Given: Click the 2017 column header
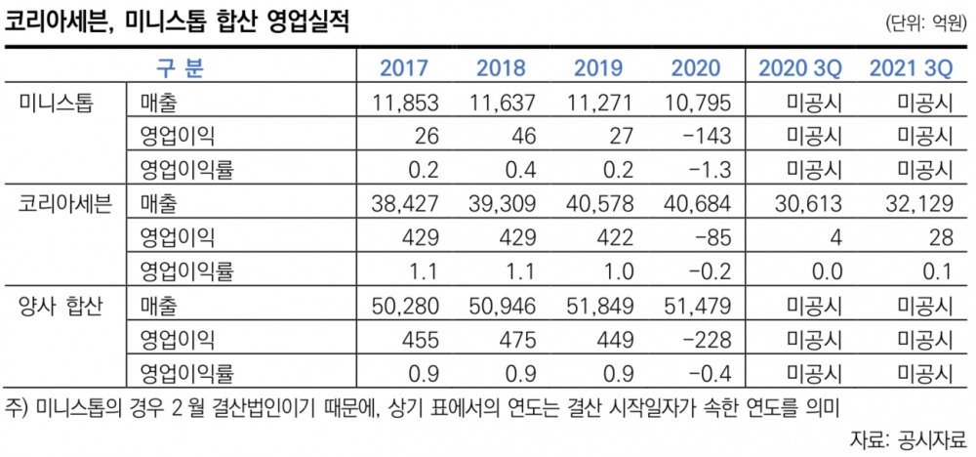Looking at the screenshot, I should pos(404,68).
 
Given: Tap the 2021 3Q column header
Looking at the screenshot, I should pos(911,68).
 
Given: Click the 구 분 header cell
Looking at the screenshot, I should pos(181,68).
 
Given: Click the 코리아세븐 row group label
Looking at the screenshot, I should pos(64,204).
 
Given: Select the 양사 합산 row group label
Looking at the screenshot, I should pos(61,307).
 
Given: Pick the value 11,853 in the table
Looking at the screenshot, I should pos(406,102).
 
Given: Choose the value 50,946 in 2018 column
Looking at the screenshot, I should pos(503,307).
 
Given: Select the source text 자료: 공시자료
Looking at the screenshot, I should pos(907,436).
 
